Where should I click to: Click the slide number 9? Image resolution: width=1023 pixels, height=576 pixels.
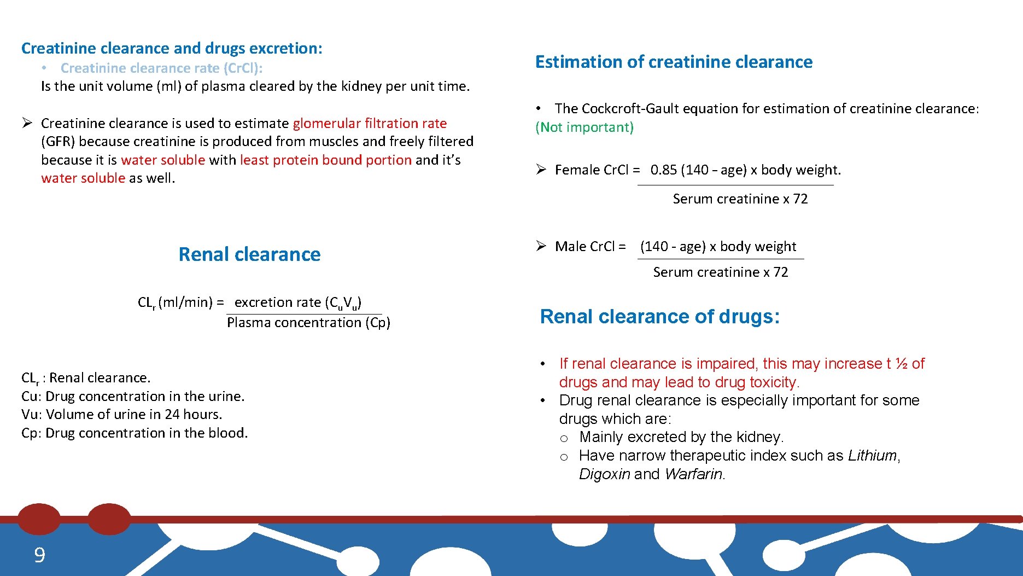pyautogui.click(x=39, y=555)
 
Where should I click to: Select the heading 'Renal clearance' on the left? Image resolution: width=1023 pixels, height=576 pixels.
pyautogui.click(x=249, y=254)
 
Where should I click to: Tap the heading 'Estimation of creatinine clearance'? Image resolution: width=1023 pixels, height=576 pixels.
pyautogui.click(x=674, y=62)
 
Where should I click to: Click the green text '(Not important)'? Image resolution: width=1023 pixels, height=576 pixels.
pyautogui.click(x=584, y=127)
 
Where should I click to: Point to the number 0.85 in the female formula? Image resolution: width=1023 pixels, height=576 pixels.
pyautogui.click(x=664, y=170)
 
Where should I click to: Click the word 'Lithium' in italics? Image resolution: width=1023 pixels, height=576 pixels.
pyautogui.click(x=872, y=456)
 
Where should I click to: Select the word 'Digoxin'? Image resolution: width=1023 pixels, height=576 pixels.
pyautogui.click(x=604, y=474)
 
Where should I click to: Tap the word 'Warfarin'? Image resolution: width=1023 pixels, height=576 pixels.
pyautogui.click(x=694, y=474)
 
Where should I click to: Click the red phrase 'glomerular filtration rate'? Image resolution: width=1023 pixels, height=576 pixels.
pyautogui.click(x=370, y=124)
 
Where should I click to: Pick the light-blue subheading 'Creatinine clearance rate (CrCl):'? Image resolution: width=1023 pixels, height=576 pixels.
pyautogui.click(x=161, y=68)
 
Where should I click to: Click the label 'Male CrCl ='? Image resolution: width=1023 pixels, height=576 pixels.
pyautogui.click(x=590, y=247)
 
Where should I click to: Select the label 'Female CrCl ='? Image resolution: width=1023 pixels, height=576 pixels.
pyautogui.click(x=597, y=170)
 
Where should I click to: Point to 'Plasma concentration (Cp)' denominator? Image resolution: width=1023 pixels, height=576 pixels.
pyautogui.click(x=308, y=323)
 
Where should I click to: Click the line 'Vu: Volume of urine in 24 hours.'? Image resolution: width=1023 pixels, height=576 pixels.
pyautogui.click(x=122, y=415)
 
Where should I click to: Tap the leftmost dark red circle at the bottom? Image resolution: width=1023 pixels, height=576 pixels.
pyautogui.click(x=39, y=519)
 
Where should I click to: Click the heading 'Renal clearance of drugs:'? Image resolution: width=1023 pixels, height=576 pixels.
pyautogui.click(x=659, y=317)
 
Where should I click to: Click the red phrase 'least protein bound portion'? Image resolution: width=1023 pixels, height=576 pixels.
pyautogui.click(x=325, y=160)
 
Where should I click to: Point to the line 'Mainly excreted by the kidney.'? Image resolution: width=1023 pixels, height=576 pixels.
pyautogui.click(x=681, y=437)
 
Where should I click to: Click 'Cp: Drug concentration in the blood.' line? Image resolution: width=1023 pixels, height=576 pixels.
pyautogui.click(x=135, y=433)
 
